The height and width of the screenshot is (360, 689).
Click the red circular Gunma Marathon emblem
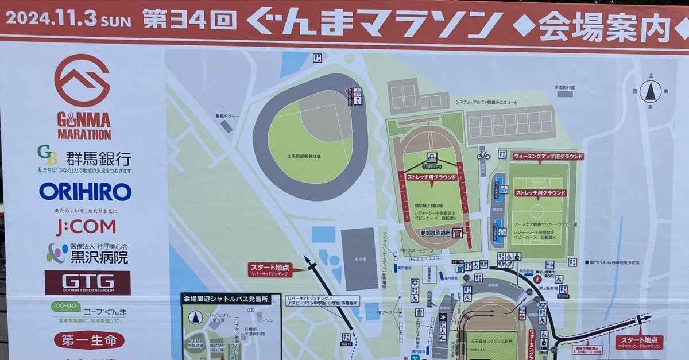coord(82,80)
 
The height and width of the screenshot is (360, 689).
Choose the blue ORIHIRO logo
coord(85,192)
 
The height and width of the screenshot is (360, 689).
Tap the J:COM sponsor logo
coord(86,227)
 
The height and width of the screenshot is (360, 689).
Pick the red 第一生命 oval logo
coord(89,340)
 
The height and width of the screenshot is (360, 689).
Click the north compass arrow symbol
coord(651,91)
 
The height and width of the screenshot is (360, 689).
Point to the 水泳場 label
coord(360,260)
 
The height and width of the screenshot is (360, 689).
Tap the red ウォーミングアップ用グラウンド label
coord(540,156)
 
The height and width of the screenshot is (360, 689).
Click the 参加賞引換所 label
coord(436,233)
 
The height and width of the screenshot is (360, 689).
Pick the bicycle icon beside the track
coord(483,155)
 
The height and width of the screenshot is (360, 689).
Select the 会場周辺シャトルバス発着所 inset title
coord(230,299)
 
